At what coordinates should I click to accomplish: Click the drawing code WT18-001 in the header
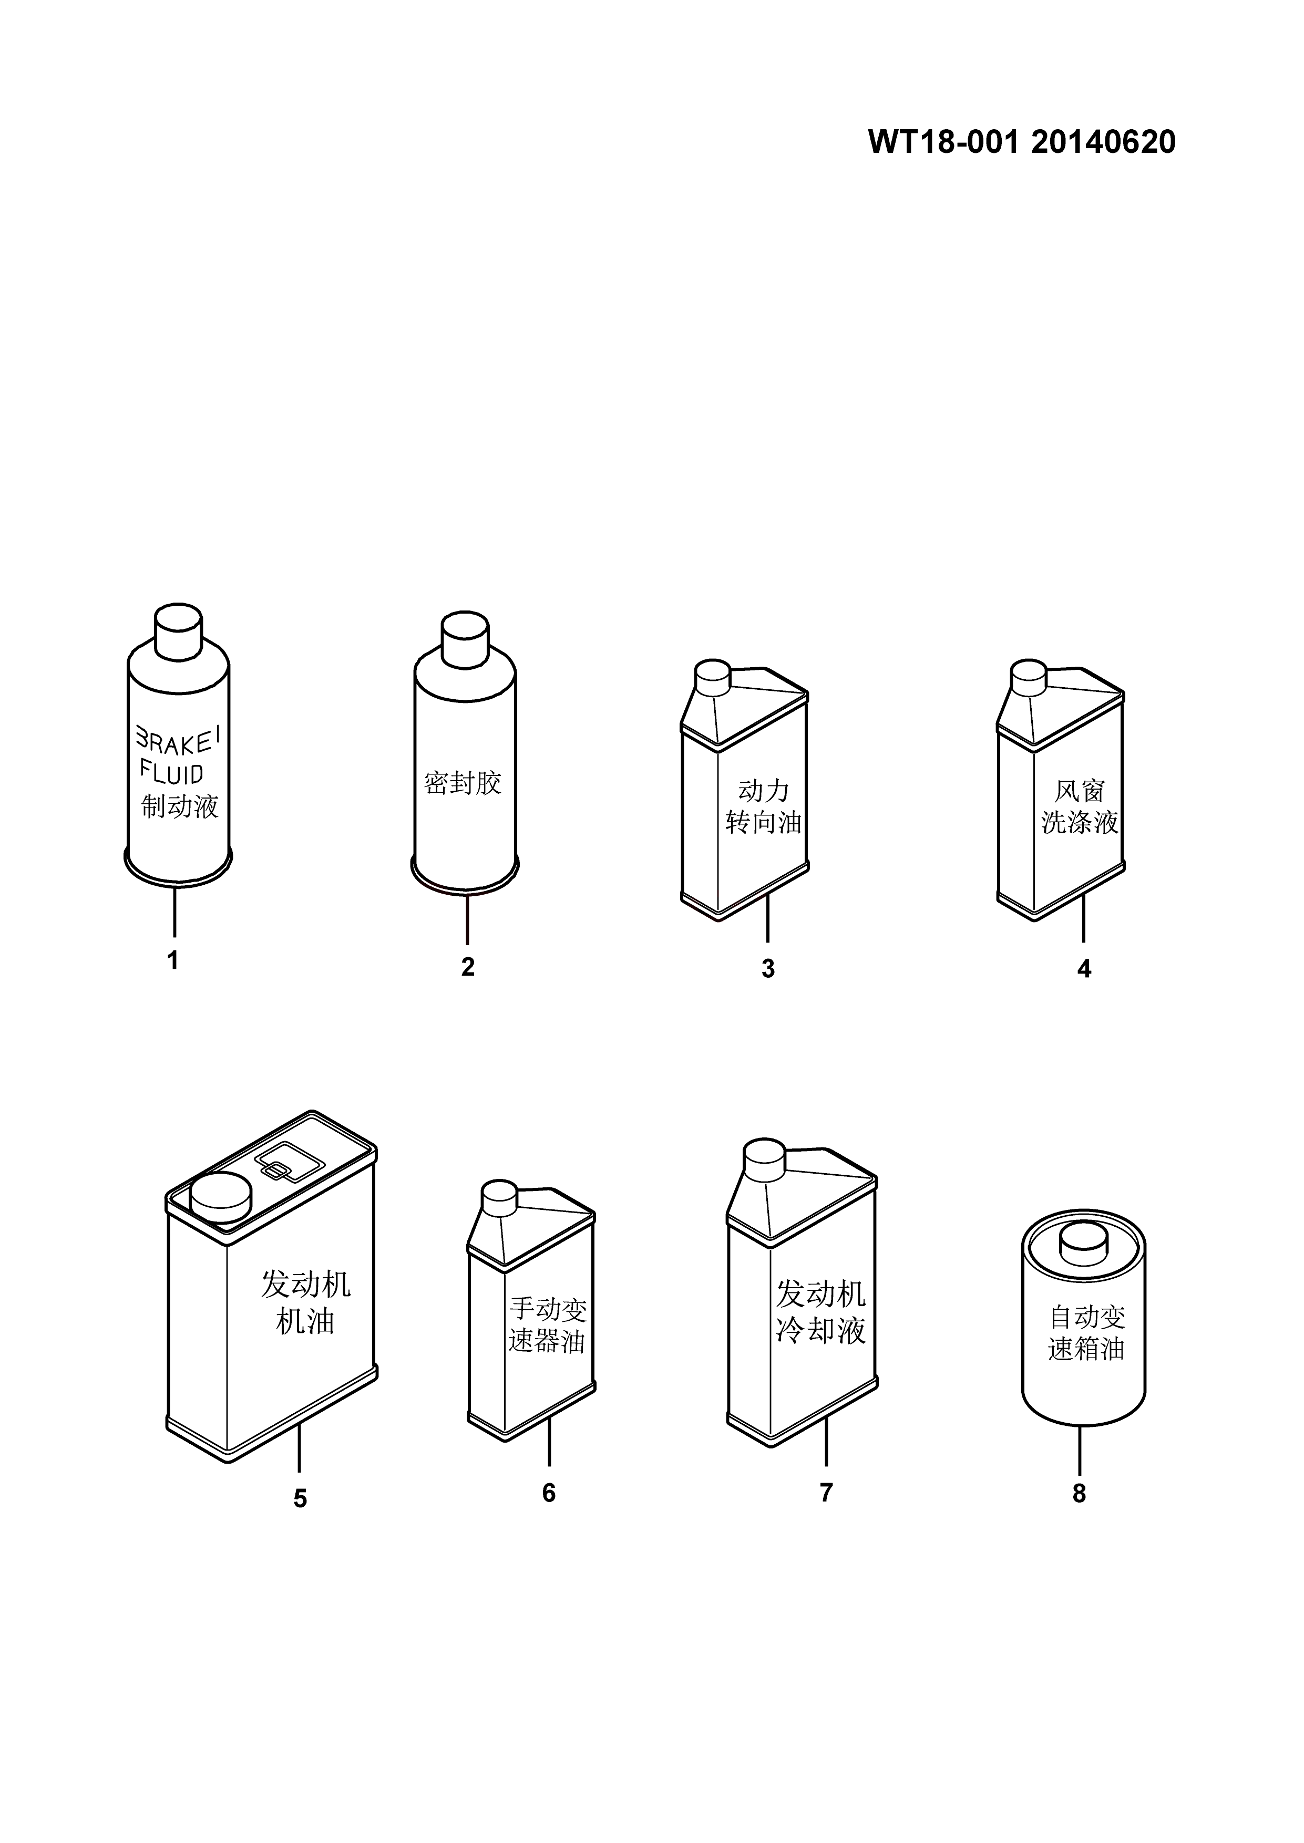click(943, 142)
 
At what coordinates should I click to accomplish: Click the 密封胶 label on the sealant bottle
click(463, 783)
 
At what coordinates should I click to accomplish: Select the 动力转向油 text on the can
click(764, 807)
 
